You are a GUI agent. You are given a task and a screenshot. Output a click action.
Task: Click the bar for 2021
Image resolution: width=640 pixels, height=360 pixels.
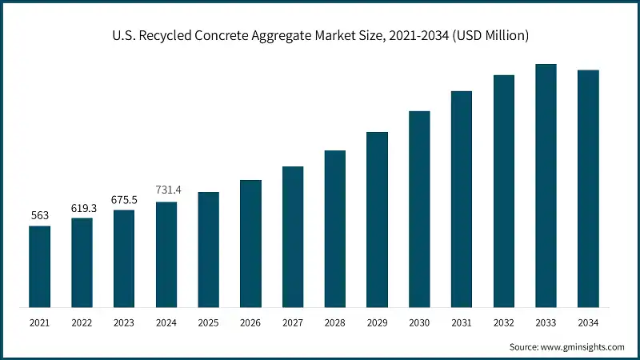pos(39,266)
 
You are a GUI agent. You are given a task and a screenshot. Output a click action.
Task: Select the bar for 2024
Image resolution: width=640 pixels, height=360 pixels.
pos(166,254)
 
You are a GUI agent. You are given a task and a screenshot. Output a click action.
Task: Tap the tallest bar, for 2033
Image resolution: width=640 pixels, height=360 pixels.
pos(546,185)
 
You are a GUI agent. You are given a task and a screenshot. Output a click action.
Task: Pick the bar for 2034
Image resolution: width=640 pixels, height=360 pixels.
pos(588,188)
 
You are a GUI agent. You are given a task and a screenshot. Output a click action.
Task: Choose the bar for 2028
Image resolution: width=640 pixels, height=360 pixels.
pos(334,228)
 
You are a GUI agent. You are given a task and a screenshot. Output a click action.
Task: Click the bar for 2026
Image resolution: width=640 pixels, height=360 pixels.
pos(250,243)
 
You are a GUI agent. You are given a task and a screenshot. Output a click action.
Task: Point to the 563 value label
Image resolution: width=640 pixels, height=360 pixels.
pos(39,214)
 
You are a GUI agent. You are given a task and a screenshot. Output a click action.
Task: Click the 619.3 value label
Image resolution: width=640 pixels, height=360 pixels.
pos(82,206)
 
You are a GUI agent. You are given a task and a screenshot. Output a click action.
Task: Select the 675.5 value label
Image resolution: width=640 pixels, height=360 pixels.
pos(124,198)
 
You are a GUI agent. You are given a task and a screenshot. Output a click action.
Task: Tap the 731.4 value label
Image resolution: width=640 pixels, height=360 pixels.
pos(166,190)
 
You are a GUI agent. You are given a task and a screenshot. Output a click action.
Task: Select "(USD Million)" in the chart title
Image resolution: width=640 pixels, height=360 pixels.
pos(490,37)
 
